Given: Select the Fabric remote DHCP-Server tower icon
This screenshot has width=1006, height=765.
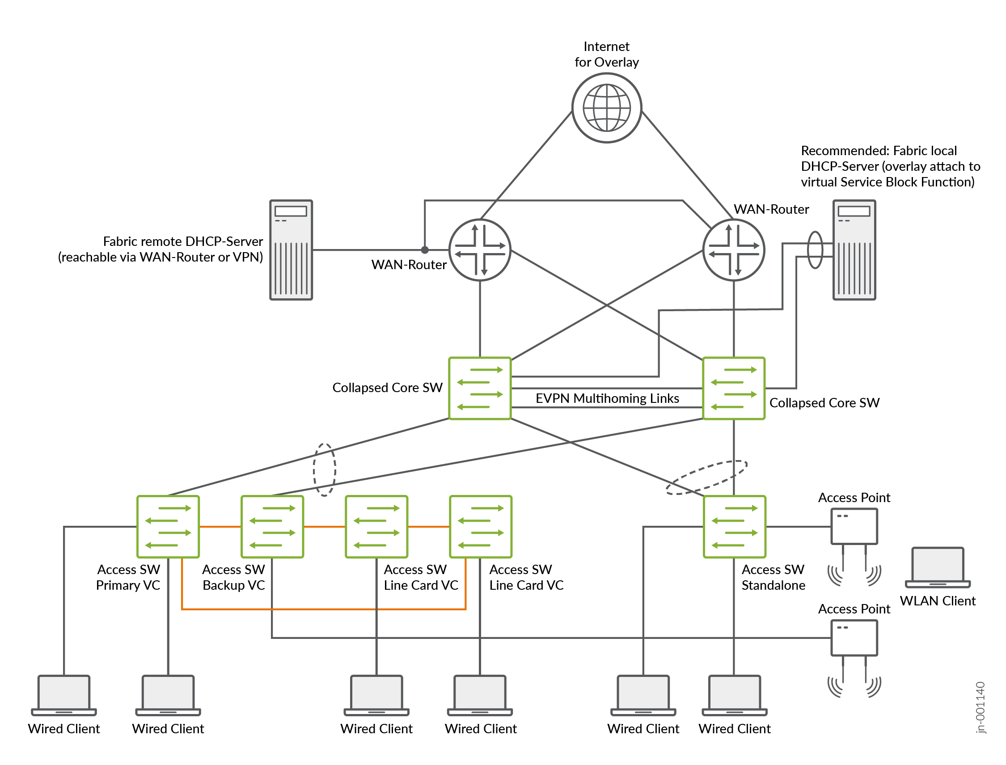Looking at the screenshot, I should click(x=291, y=249).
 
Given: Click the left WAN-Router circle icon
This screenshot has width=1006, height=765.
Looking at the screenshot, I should click(x=480, y=249).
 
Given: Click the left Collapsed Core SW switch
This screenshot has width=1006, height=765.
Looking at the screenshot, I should click(x=480, y=388).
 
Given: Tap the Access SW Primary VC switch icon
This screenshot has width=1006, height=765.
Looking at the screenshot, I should click(x=168, y=526).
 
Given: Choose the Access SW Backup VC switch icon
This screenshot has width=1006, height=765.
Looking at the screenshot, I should click(x=272, y=526).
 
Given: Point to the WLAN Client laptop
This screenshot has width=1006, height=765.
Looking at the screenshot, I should click(x=937, y=567).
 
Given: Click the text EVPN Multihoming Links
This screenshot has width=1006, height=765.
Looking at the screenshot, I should click(x=607, y=398).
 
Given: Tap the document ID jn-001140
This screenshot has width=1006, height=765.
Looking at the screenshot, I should click(x=981, y=707).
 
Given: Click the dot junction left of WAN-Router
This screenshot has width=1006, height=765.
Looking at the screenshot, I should click(x=424, y=249).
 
